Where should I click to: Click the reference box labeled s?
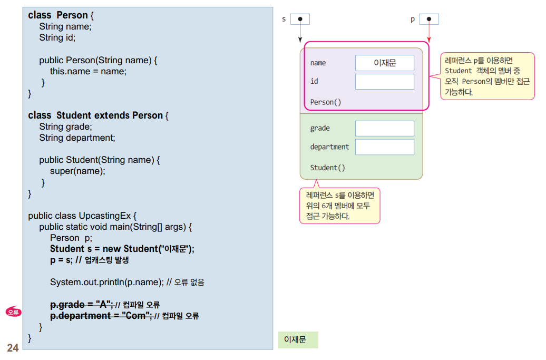point(300,19)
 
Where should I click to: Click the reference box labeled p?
point(429,19)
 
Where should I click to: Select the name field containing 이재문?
point(384,63)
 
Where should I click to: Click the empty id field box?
point(384,82)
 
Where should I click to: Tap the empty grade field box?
point(384,129)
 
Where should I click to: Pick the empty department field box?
point(384,147)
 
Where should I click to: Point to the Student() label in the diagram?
point(327,168)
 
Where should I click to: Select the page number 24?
point(13,348)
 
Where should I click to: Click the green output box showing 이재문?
point(298,340)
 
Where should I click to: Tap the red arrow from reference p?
point(429,33)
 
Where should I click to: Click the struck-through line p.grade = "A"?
point(82,305)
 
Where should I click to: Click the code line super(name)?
point(77,171)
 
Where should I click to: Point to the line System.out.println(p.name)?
point(106,282)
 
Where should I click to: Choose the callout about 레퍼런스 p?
point(487,76)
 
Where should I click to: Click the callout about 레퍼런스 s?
point(339,206)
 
